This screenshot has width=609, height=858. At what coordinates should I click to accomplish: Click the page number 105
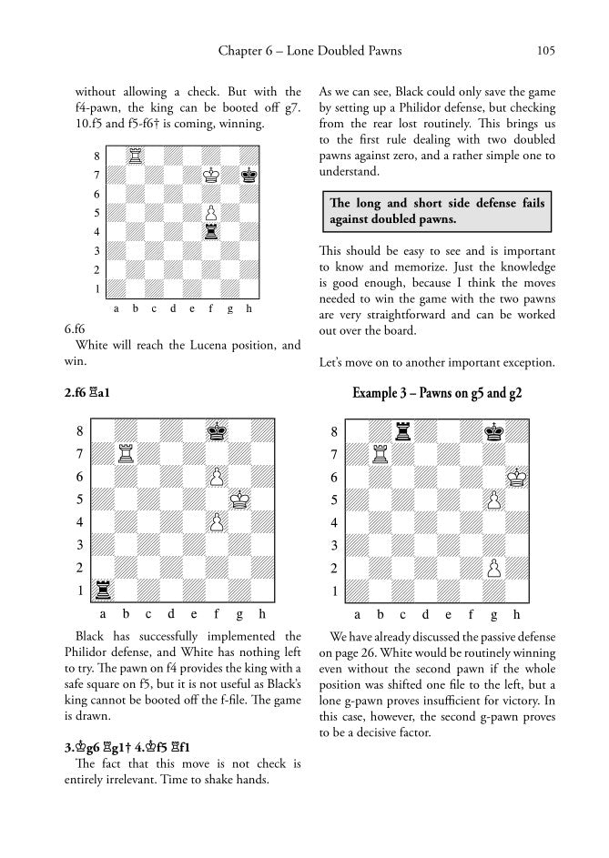tap(547, 51)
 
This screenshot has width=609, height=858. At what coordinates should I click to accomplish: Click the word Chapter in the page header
tap(240, 51)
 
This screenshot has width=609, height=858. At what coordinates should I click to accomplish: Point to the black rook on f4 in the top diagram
tap(211, 231)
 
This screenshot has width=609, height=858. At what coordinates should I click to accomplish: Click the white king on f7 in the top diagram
tap(211, 174)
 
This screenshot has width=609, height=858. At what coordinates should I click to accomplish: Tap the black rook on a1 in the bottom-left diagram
tap(102, 590)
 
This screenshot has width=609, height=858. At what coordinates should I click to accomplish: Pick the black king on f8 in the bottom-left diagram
tap(217, 430)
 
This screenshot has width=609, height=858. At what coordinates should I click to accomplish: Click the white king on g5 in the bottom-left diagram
tap(239, 499)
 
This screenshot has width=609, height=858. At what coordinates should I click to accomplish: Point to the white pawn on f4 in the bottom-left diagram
tap(217, 521)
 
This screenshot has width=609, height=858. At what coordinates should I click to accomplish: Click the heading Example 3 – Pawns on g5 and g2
tap(437, 393)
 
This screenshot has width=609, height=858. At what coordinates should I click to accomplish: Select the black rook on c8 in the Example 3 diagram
tap(402, 431)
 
